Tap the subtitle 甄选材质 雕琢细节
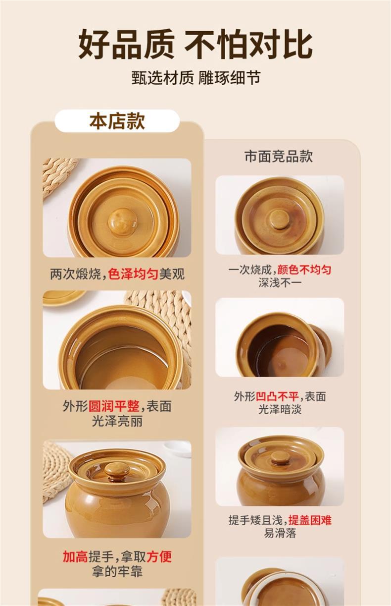tap(195, 78)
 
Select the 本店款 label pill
tap(117, 121)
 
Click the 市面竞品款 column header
tap(279, 156)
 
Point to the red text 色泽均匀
tap(133, 274)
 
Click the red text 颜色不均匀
tap(304, 270)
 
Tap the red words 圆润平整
tap(114, 406)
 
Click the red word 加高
tap(75, 556)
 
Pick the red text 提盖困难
tap(310, 520)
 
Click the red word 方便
tap(159, 556)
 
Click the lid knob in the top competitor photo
tap(280, 219)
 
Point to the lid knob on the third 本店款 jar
tap(117, 469)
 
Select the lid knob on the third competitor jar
tap(281, 456)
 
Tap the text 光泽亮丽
tap(117, 421)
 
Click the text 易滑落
tap(280, 533)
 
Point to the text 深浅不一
tap(280, 283)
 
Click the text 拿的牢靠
tap(117, 571)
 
